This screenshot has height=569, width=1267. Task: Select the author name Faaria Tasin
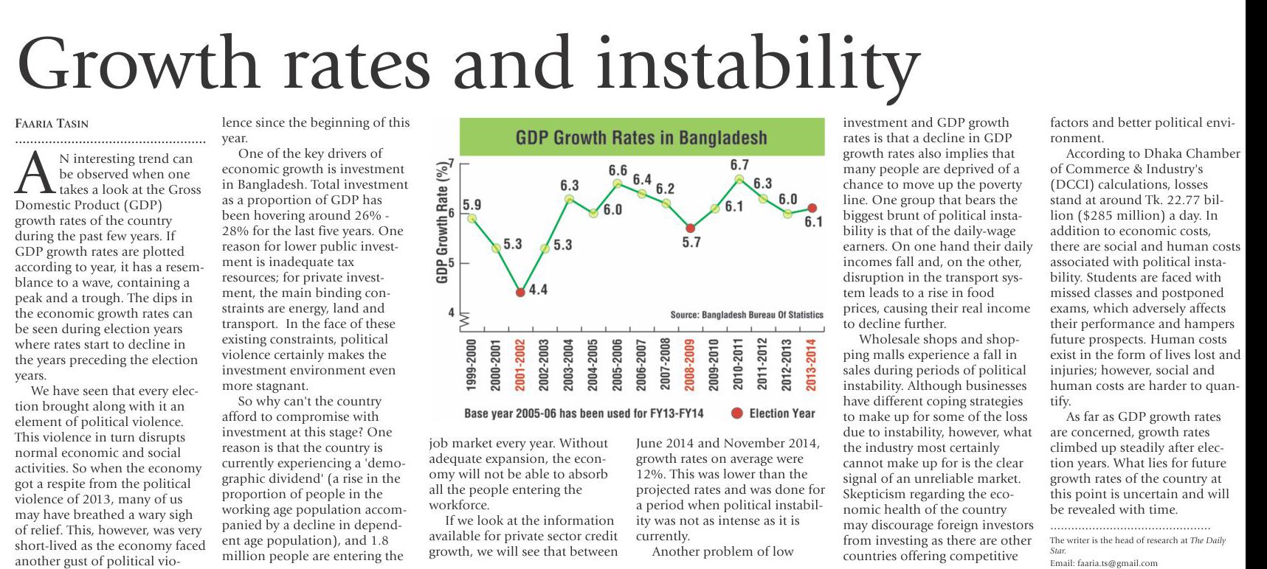pyautogui.click(x=52, y=124)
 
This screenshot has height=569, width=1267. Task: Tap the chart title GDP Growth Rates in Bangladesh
pyautogui.click(x=641, y=138)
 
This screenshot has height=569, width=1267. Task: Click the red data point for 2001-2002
pyautogui.click(x=520, y=292)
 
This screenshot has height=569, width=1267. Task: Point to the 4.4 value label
pyautogui.click(x=538, y=290)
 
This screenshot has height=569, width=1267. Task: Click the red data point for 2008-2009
pyautogui.click(x=690, y=228)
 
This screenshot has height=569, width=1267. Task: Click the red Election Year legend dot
pyautogui.click(x=736, y=413)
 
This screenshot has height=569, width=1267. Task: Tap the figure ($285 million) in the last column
pyautogui.click(x=1094, y=216)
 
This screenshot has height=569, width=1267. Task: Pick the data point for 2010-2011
pyautogui.click(x=739, y=179)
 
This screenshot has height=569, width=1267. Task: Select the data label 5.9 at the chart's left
pyautogui.click(x=472, y=204)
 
